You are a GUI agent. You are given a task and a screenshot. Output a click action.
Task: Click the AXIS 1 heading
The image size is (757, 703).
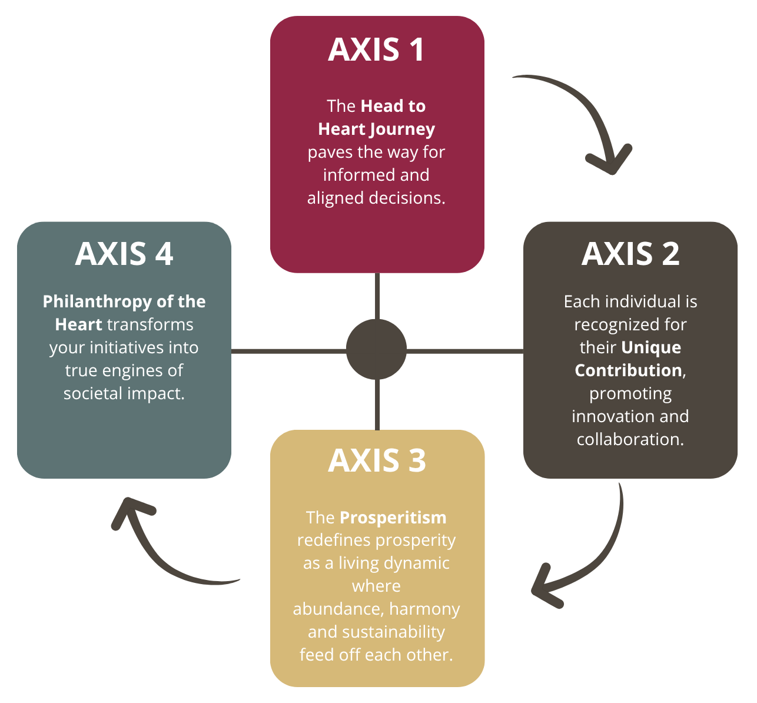coord(376,49)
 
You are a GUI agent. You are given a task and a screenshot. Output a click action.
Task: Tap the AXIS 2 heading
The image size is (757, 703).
coord(630,254)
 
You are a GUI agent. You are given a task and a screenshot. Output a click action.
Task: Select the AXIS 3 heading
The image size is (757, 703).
coord(377,460)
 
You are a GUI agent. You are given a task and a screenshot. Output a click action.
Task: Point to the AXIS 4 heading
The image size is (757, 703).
coord(124,254)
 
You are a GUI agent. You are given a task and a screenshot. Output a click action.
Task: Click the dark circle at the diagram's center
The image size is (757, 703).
coord(376,350)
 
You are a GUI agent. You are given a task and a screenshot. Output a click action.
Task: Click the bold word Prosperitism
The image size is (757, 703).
coord(393,518)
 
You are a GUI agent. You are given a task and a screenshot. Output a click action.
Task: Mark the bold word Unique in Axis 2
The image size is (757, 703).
coord(651,347)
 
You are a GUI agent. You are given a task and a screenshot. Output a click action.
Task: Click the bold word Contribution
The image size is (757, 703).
coord(628,370)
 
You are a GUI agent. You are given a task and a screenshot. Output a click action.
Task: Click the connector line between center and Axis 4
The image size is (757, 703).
coord(288,351)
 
